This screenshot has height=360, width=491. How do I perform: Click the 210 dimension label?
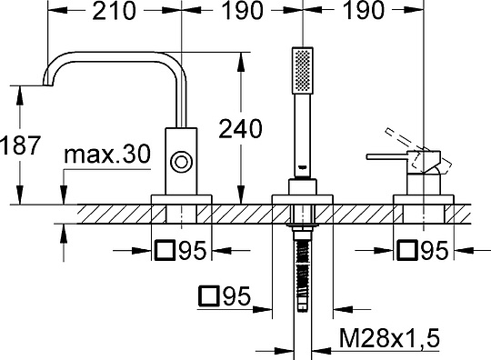115,11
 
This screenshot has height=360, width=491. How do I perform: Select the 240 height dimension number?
240,129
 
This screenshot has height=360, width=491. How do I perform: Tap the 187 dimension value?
20,145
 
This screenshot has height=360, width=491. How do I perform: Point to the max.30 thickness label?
107,154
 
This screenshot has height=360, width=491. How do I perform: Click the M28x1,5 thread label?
389,338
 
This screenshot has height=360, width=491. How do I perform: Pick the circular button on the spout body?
181,162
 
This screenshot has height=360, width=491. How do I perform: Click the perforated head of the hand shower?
303,70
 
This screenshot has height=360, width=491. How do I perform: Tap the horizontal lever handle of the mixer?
387,156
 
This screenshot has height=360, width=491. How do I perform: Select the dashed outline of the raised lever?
418,149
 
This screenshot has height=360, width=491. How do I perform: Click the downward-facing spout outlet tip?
47,84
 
